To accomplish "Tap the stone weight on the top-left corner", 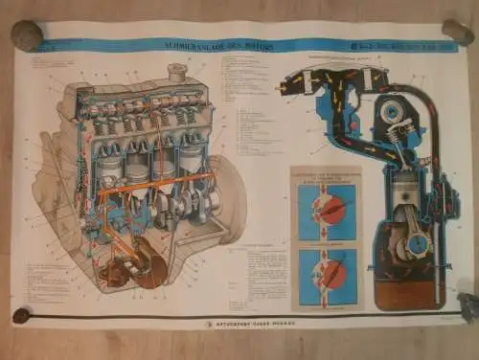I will coord(26,36).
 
